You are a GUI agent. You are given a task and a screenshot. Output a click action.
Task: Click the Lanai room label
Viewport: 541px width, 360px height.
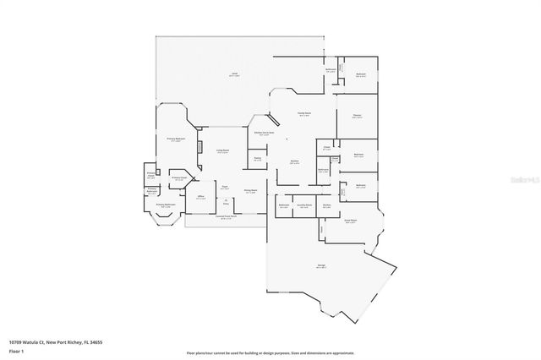(233, 75)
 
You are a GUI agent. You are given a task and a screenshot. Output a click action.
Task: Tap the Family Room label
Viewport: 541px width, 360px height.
(303, 115)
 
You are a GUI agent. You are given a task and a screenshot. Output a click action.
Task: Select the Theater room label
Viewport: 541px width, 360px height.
(358, 116)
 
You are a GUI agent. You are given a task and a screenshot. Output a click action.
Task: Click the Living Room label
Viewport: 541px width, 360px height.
(222, 151)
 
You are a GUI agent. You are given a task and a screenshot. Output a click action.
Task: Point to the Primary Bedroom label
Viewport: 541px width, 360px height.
(176, 139)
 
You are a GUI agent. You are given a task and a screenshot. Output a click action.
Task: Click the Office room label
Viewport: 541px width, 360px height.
(201, 198)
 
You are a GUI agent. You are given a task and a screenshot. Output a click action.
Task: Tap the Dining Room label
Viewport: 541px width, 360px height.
(251, 192)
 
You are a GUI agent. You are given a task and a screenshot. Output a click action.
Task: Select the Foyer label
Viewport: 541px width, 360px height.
(225, 187)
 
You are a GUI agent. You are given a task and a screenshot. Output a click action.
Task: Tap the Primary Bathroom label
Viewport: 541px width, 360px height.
(165, 205)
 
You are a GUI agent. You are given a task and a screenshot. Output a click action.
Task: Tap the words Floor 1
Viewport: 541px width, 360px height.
(15, 350)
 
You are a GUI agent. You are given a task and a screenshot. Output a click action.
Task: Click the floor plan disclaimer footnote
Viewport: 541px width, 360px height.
(270, 352)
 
